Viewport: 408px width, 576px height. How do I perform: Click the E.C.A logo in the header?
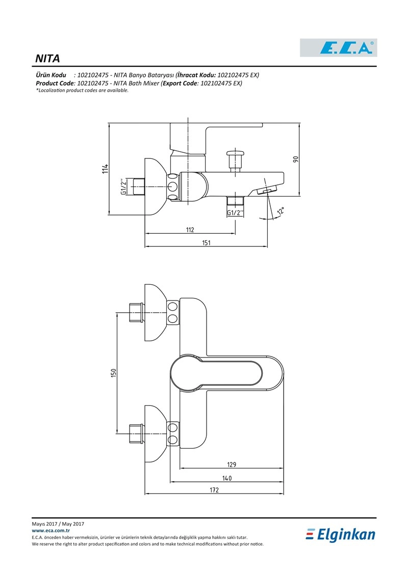pos(339,48)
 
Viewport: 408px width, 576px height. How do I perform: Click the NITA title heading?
pos(47,59)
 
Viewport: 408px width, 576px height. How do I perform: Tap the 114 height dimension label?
pos(106,169)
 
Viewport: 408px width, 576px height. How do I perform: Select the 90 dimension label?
pos(295,159)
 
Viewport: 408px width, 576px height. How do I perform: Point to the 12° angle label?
pos(280,211)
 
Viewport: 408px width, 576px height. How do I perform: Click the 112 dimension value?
pos(190,230)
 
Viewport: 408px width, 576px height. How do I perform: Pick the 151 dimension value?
pos(206,242)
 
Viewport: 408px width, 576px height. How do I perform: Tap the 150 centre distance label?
pos(113,372)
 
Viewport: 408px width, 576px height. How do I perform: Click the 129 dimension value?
pos(232,464)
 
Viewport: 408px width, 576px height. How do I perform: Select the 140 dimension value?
pos(227,478)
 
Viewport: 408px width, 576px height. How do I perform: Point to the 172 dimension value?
pos(214,489)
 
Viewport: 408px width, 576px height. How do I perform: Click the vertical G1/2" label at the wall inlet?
pos(124,186)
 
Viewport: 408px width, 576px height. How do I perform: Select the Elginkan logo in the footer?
pos(341,535)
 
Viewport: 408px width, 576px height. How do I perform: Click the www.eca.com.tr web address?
pos(51,531)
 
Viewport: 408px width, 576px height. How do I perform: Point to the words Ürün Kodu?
pos(51,75)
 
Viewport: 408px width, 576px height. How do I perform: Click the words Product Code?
pos(55,84)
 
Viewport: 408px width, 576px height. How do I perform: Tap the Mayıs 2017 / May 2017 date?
pos(58,524)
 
